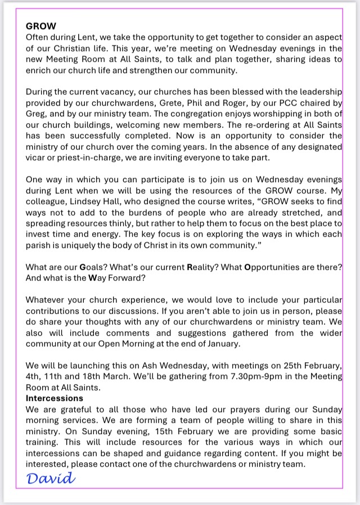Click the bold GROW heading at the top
(40, 26)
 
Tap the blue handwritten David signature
(51, 479)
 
